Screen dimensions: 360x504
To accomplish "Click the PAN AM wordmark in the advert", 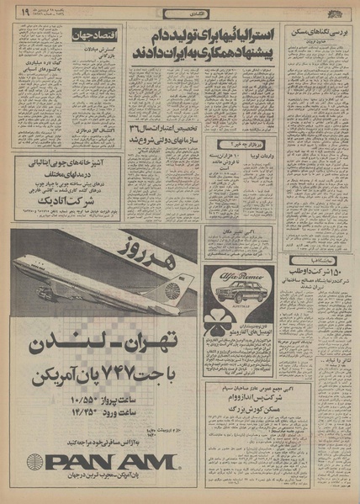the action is pyautogui.click(x=112, y=462).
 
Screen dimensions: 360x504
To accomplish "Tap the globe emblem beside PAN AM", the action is pyautogui.click(x=37, y=462).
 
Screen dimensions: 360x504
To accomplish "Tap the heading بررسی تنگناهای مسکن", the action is pyautogui.click(x=317, y=30).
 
